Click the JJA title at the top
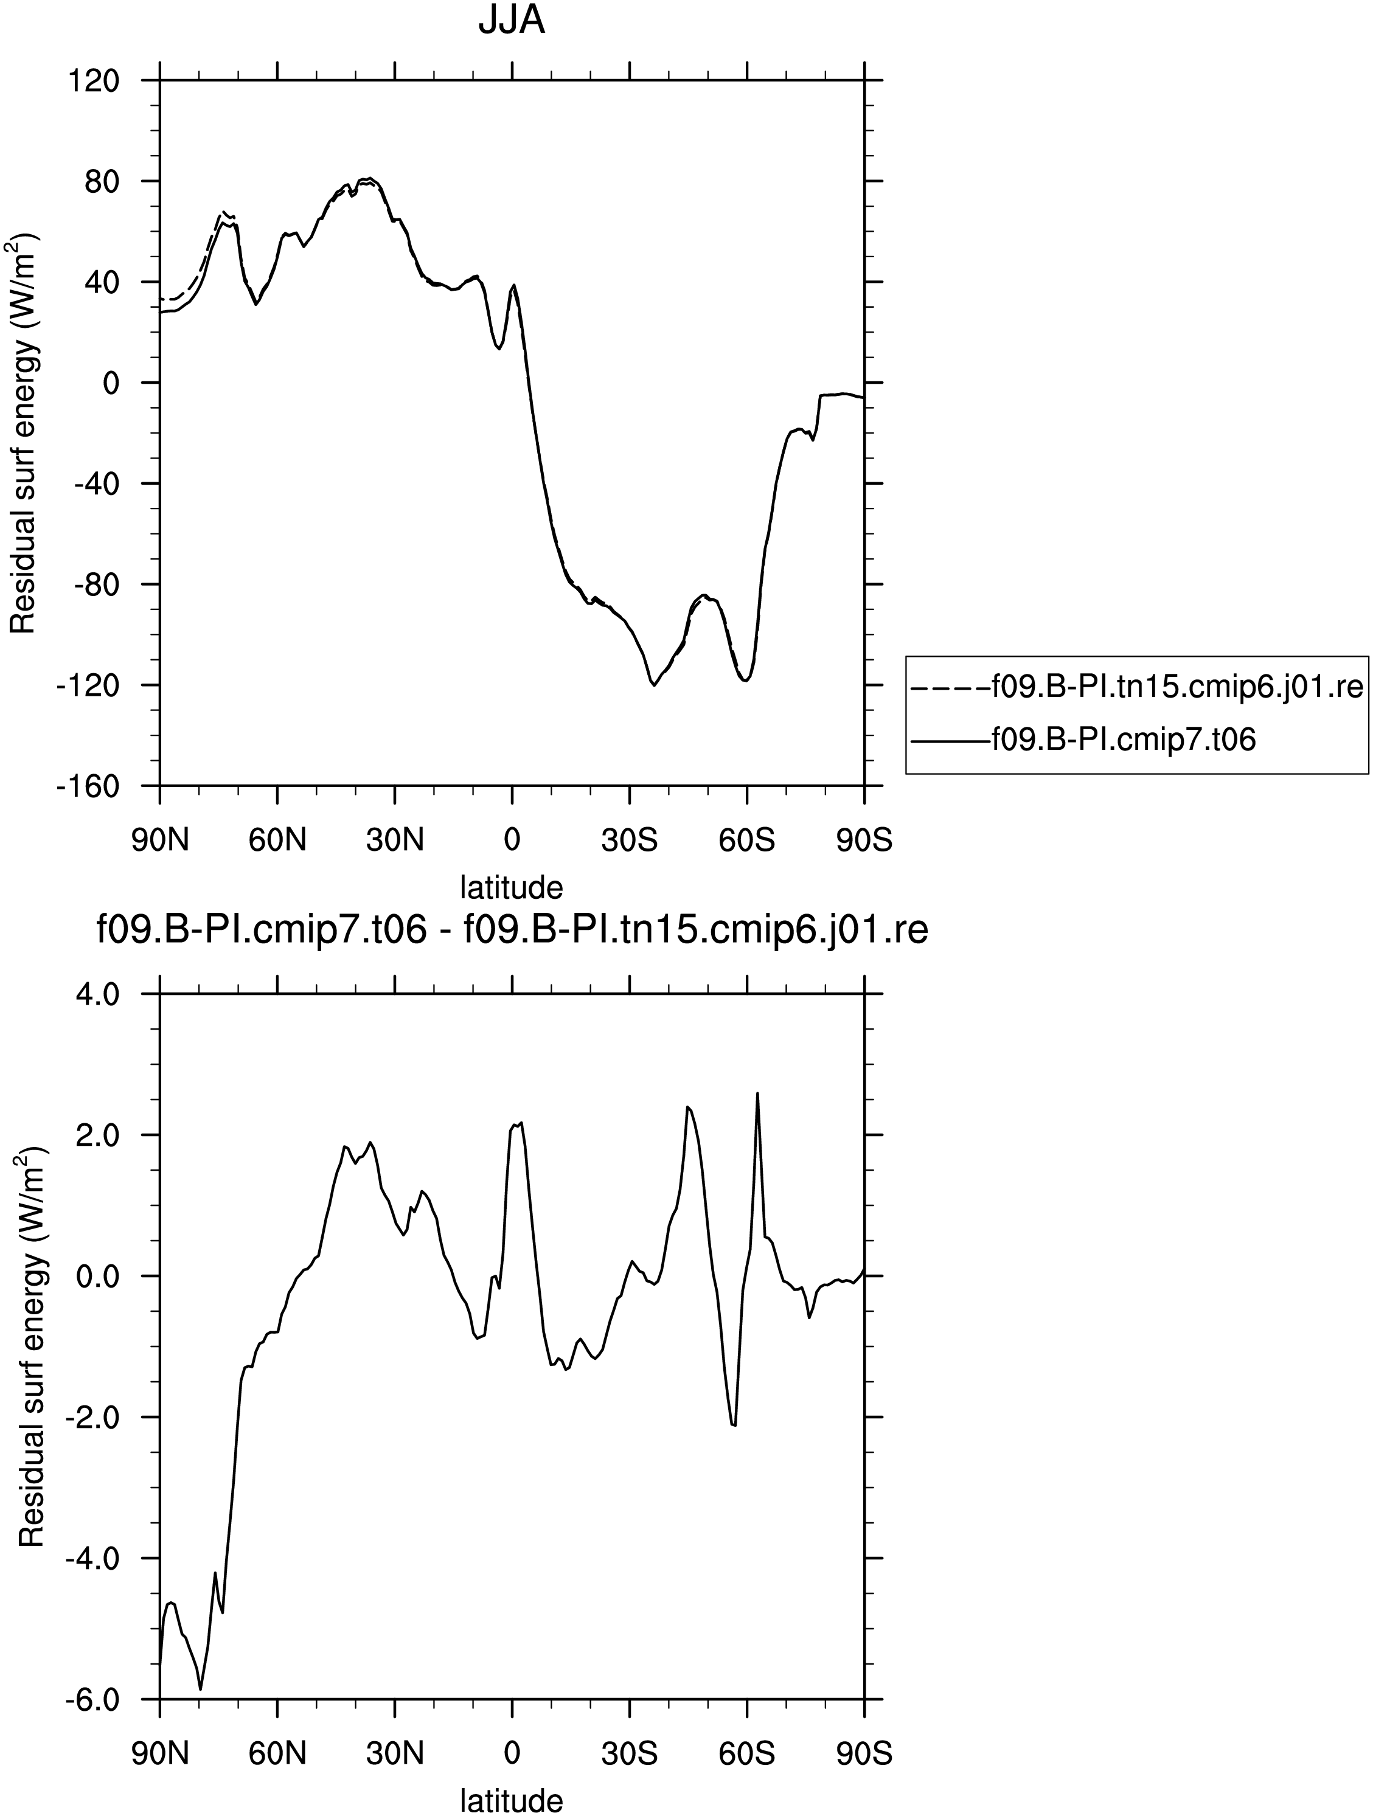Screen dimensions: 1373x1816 coord(512,21)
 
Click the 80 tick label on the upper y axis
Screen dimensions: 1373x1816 coord(103,181)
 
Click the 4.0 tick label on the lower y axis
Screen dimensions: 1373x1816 coord(98,994)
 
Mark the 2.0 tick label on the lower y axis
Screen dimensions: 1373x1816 coord(98,1135)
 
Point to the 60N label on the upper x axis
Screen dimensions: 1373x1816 coord(277,840)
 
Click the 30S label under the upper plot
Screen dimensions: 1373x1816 coord(630,840)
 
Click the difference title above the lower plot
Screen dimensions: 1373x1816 coord(512,930)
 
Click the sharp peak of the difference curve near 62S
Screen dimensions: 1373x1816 coord(757,1093)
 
